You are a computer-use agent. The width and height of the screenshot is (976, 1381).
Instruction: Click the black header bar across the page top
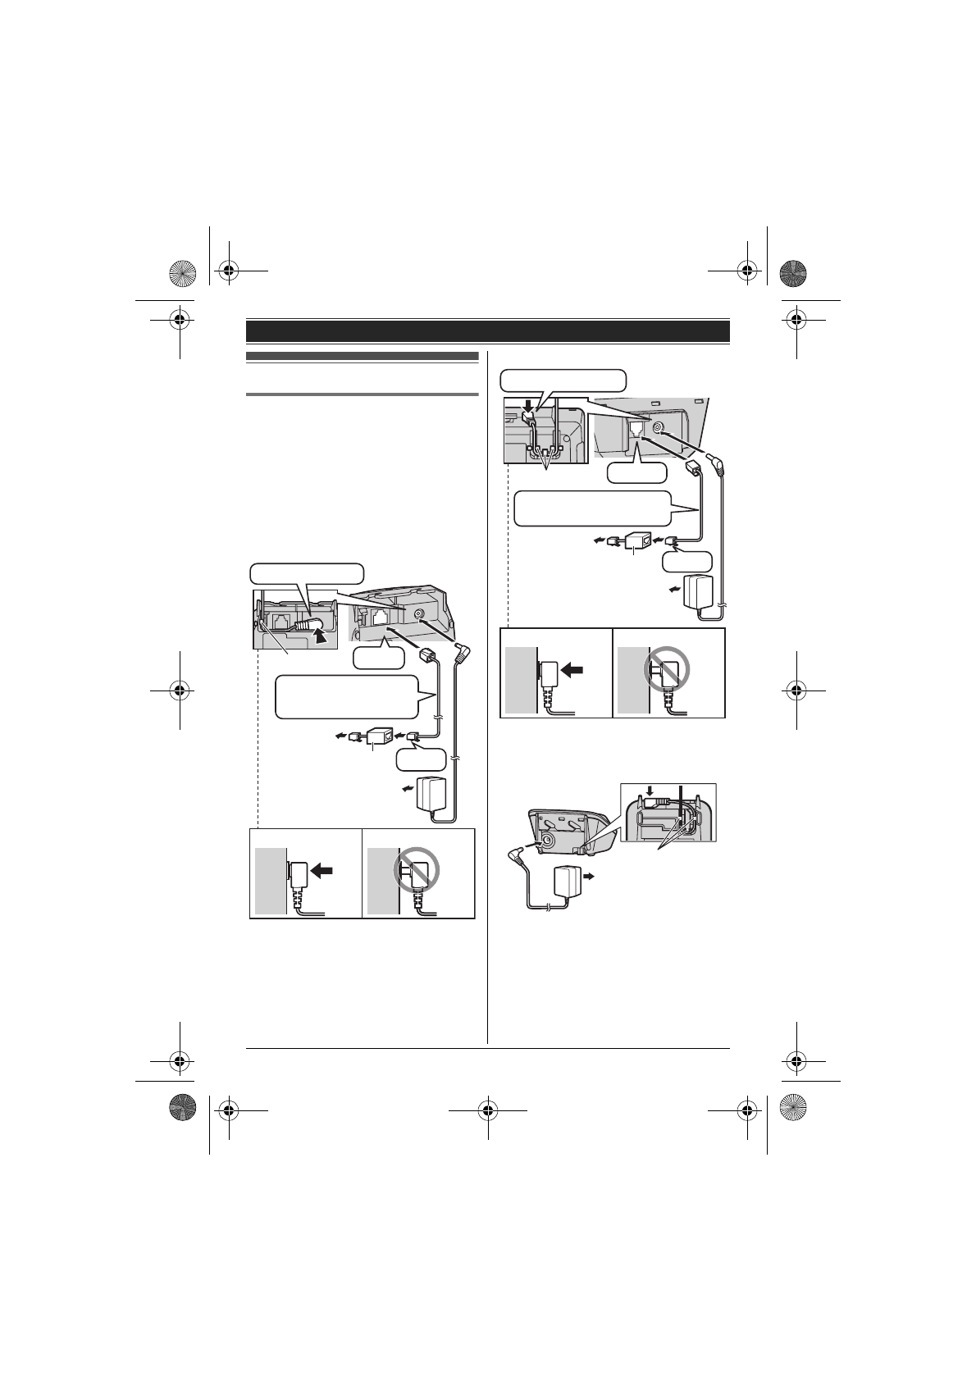(x=488, y=331)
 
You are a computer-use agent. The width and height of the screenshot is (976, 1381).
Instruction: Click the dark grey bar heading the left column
(x=363, y=357)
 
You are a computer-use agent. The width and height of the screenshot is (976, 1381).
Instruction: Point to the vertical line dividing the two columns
(x=488, y=697)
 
